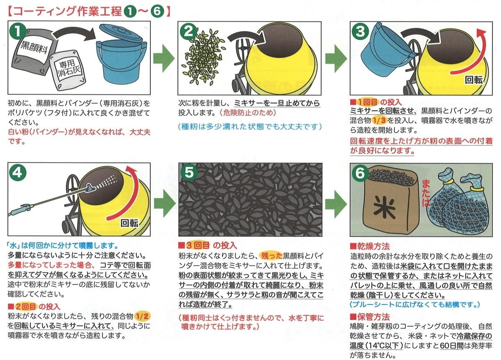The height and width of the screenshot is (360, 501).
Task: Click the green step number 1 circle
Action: [18, 31]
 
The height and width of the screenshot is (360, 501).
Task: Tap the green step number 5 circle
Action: [189, 173]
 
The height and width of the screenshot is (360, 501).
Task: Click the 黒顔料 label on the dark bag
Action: [34, 48]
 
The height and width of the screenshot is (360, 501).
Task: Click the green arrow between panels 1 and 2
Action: [164, 58]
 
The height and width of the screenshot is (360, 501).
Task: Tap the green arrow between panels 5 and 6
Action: [336, 204]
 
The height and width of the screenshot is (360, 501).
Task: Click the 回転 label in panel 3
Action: [473, 80]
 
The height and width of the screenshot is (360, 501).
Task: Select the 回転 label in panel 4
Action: [129, 223]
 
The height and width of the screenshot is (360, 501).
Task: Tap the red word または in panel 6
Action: [426, 193]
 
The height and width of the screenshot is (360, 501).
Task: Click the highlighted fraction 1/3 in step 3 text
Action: [379, 120]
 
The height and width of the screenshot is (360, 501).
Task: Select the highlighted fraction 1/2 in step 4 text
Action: [142, 316]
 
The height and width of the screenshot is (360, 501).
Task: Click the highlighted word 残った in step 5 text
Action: [271, 256]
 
